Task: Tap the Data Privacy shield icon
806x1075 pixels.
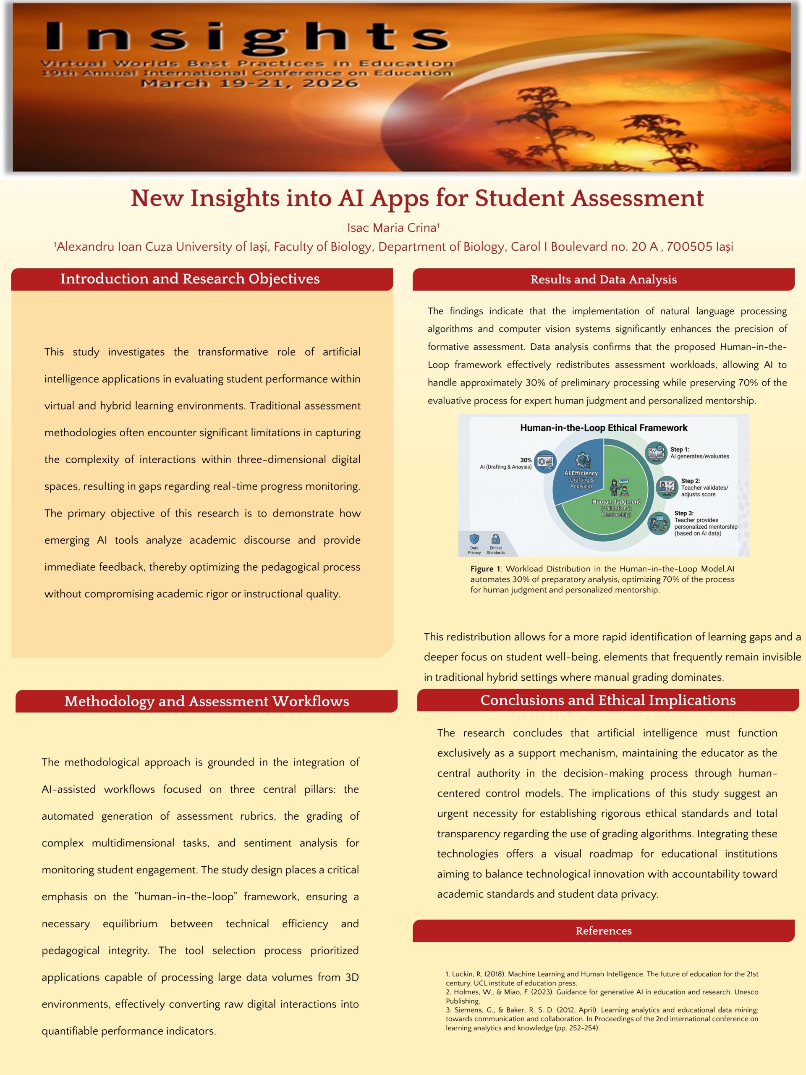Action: tap(474, 539)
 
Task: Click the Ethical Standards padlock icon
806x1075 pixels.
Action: tap(495, 539)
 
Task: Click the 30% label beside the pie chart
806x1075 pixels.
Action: tap(526, 460)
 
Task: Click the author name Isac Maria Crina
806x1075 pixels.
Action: tap(393, 228)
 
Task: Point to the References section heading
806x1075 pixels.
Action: tap(603, 931)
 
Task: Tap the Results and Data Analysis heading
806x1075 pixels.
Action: tap(603, 279)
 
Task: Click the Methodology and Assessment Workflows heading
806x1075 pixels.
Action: tap(207, 701)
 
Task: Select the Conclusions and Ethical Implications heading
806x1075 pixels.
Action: tap(608, 700)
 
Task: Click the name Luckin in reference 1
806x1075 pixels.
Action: tap(462, 974)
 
